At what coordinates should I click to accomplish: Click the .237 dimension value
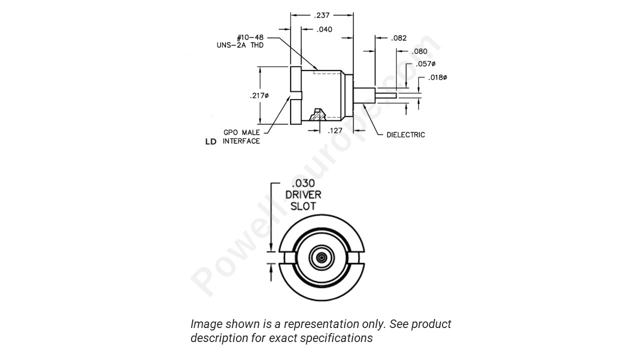322,15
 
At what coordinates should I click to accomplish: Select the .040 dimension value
324,29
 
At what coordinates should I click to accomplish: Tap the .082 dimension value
398,38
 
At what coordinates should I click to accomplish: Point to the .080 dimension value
419,51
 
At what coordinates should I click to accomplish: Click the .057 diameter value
425,64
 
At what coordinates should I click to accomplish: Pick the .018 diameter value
437,78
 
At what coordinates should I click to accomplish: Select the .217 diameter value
259,95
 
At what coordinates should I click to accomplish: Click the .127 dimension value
334,131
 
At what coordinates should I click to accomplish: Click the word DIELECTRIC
405,135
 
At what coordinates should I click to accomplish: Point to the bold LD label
211,142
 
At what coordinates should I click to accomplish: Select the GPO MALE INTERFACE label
241,137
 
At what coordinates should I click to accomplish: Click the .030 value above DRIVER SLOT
303,183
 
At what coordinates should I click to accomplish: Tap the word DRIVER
303,194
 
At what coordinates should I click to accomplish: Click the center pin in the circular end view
321,257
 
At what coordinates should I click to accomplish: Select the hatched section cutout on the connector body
316,115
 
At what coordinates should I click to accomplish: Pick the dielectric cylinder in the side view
364,95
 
